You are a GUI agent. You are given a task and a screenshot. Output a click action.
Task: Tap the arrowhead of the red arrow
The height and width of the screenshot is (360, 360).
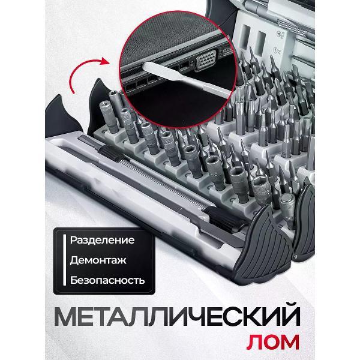point(107,61)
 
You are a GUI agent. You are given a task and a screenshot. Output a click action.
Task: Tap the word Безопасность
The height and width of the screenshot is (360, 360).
point(107,280)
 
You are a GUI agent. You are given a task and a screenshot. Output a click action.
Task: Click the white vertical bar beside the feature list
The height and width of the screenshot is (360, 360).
point(65,260)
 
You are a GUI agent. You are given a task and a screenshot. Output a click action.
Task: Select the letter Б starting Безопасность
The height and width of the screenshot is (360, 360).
point(74,280)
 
